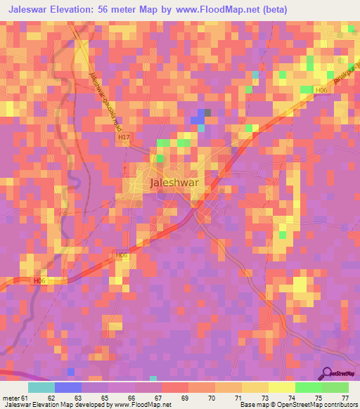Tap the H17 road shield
tap(124, 138)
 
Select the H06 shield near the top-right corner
tap(321, 89)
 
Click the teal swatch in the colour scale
tap(41, 387)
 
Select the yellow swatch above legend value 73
tap(255, 387)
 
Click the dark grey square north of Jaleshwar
tap(207, 112)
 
